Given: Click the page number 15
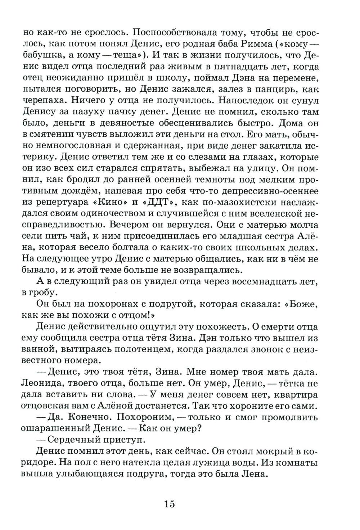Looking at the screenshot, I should pos(169,503).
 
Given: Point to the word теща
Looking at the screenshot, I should pos(122,55).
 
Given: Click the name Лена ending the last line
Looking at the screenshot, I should pos(255,474).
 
